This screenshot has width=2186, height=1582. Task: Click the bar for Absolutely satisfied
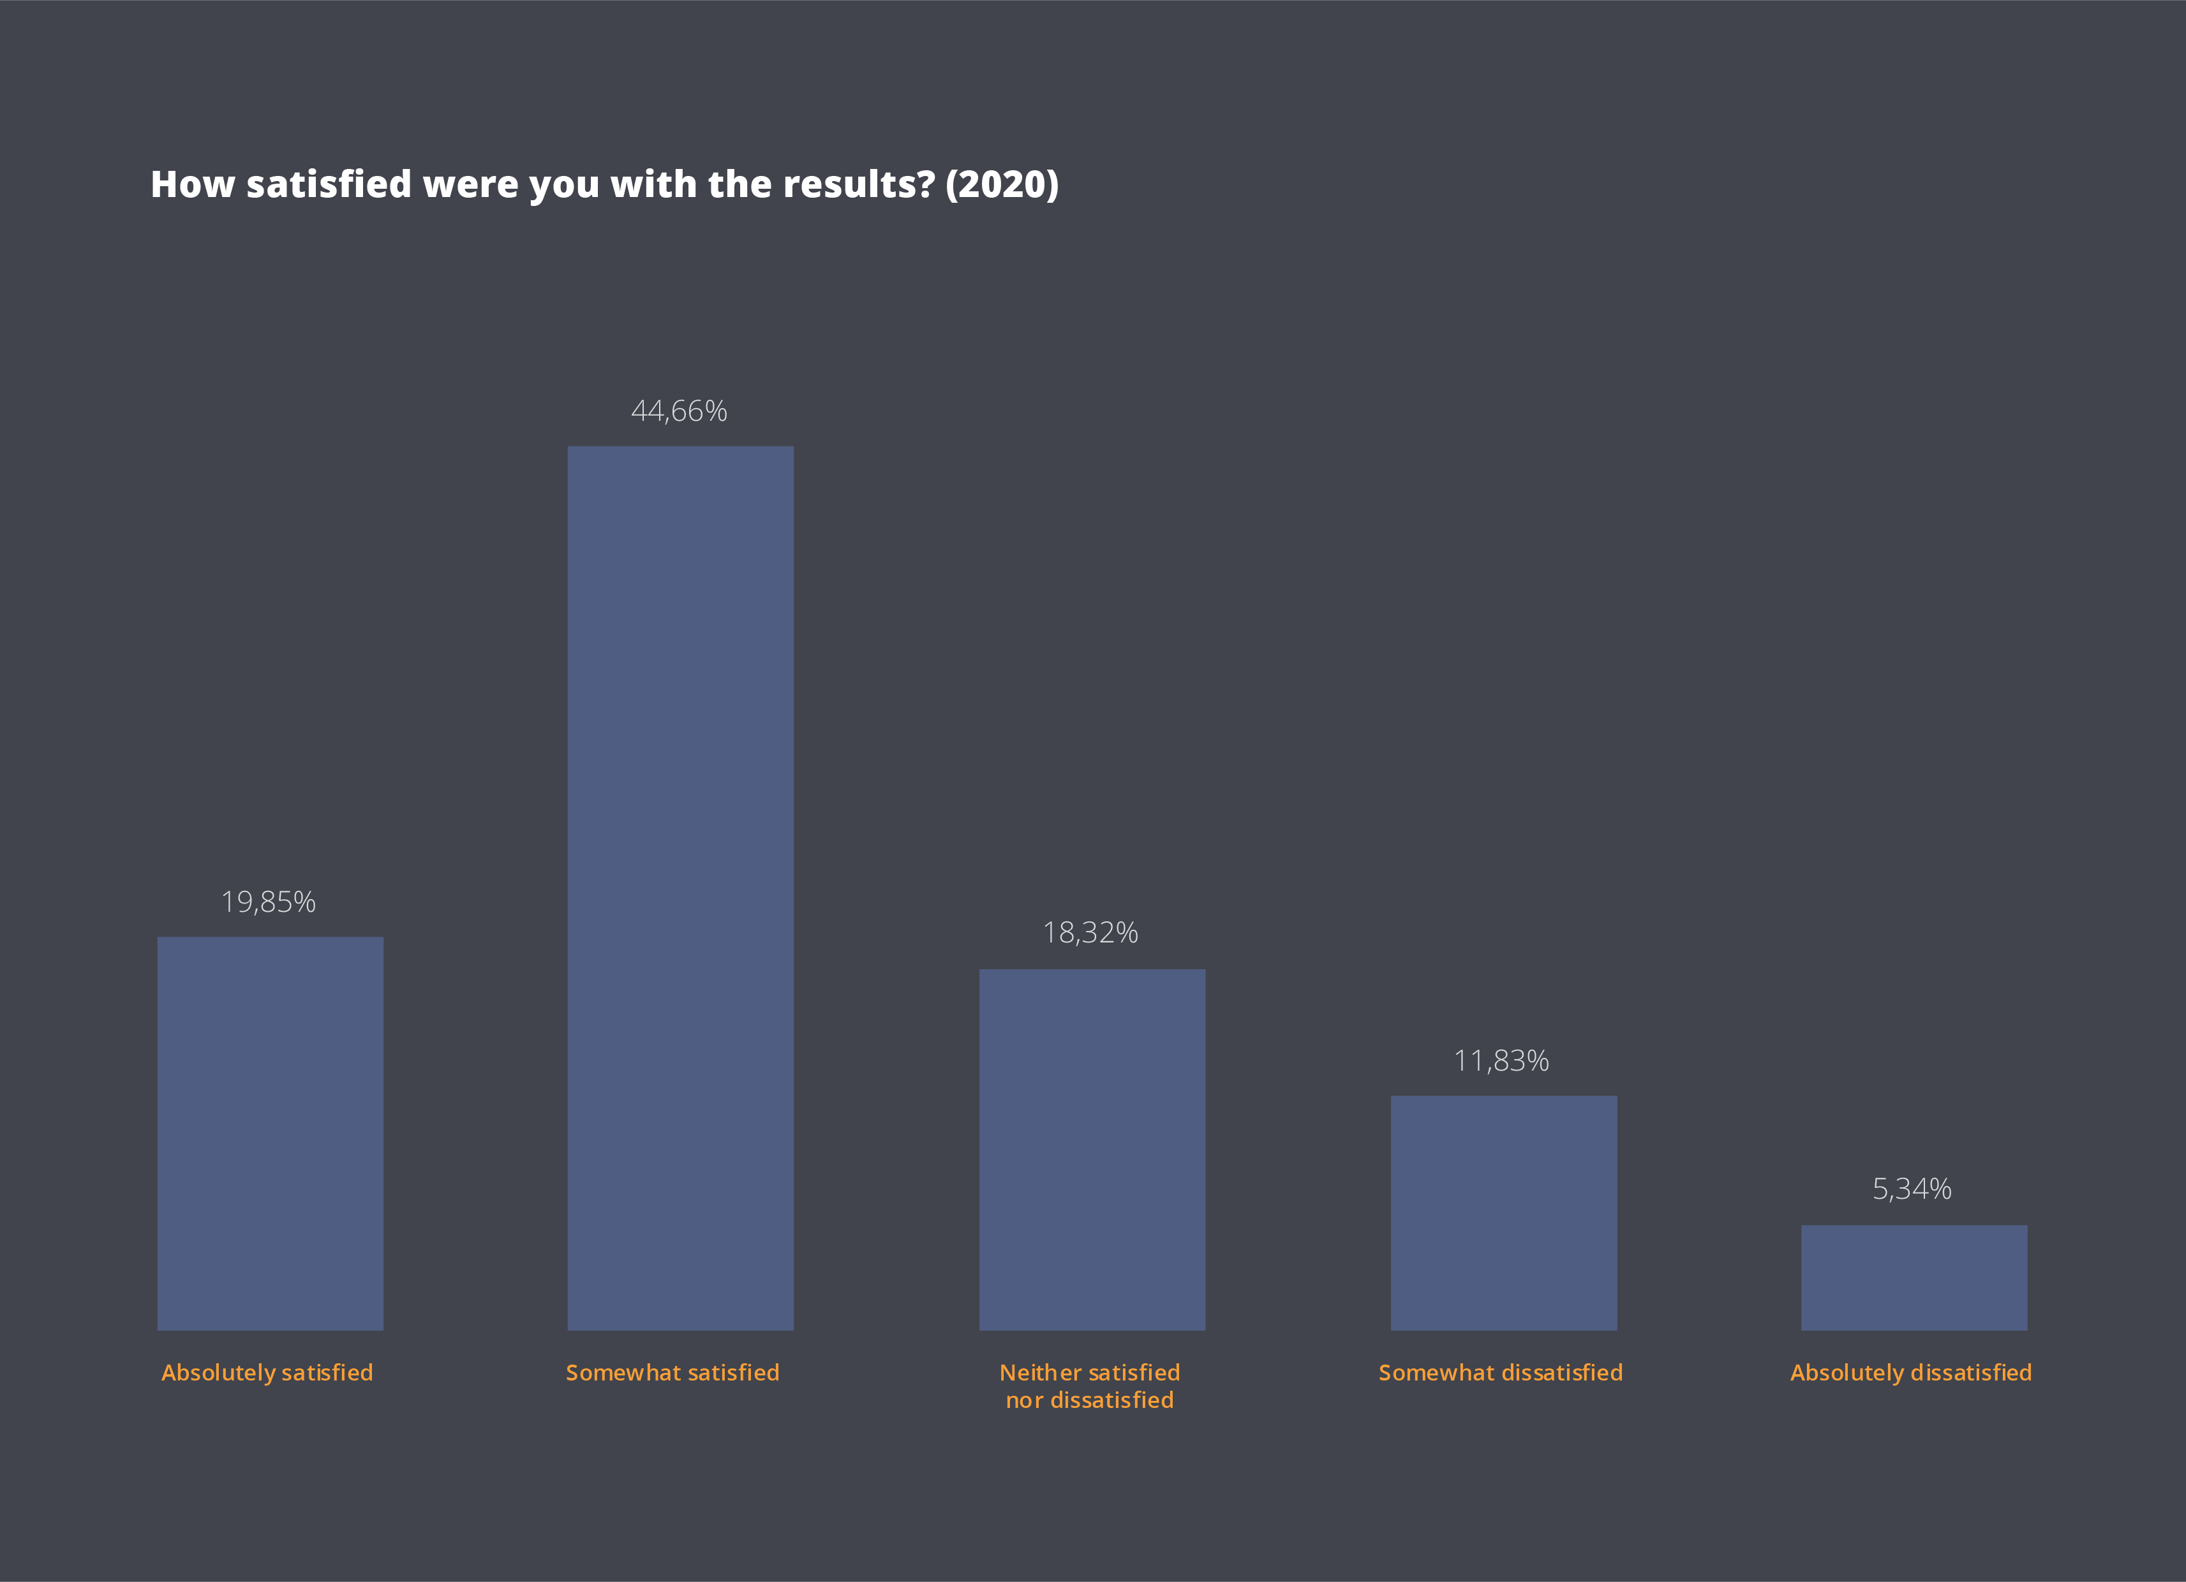pos(270,1133)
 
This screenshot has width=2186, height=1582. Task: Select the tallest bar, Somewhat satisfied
pos(680,888)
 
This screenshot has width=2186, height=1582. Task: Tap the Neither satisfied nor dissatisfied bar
pos(1092,1150)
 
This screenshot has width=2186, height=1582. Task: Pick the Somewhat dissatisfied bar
pos(1504,1212)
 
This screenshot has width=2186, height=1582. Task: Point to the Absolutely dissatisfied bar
pos(1914,1278)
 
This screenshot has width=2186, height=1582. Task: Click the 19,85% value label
pos(269,902)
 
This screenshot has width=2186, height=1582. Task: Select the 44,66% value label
pos(680,411)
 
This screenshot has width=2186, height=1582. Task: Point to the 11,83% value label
pos(1501,1061)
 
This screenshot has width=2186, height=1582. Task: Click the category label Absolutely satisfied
pos(267,1373)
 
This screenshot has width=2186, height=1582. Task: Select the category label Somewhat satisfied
pos(673,1373)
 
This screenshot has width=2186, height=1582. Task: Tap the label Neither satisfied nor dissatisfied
pos(1090,1386)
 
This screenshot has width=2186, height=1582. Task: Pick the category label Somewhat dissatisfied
pos(1501,1373)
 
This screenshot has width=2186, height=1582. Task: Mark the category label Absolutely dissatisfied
pos(1911,1373)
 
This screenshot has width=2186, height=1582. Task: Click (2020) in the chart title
pos(1002,184)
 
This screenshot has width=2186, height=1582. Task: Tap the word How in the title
pos(193,184)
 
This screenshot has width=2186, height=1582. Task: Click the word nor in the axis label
pos(1025,1401)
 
